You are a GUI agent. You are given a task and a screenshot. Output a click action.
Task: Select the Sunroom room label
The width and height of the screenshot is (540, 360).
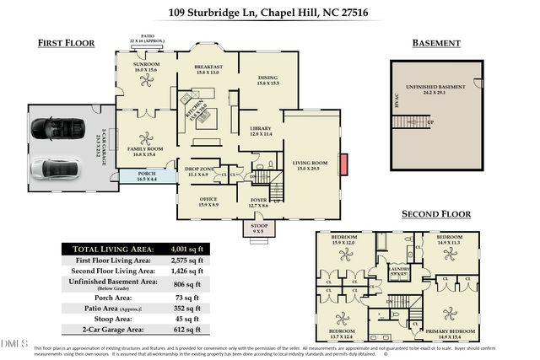point(144,66)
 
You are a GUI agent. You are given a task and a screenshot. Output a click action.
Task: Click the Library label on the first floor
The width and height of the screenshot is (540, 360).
point(261,130)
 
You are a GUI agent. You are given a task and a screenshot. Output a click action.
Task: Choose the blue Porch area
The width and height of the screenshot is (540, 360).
point(142,176)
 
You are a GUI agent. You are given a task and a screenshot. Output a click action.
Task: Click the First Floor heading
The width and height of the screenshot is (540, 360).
point(67,43)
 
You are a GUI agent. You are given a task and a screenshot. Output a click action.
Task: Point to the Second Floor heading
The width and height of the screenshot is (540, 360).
point(435,214)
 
